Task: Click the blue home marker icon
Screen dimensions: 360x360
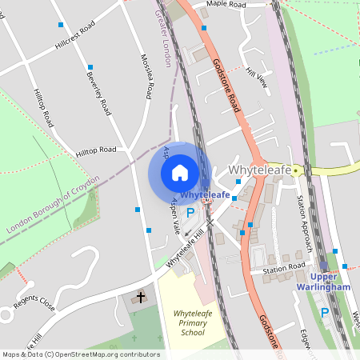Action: pos(180,173)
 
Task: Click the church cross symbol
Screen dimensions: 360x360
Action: pos(141,298)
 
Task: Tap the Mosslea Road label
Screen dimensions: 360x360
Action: pos(146,77)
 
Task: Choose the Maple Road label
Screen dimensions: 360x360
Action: pos(226,5)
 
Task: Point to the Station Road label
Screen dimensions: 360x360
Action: pos(284,269)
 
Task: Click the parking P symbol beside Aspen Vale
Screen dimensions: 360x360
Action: pos(190,213)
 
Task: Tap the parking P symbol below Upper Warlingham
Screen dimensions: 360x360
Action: pos(325,313)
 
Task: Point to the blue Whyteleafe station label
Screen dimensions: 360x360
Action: pos(206,194)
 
